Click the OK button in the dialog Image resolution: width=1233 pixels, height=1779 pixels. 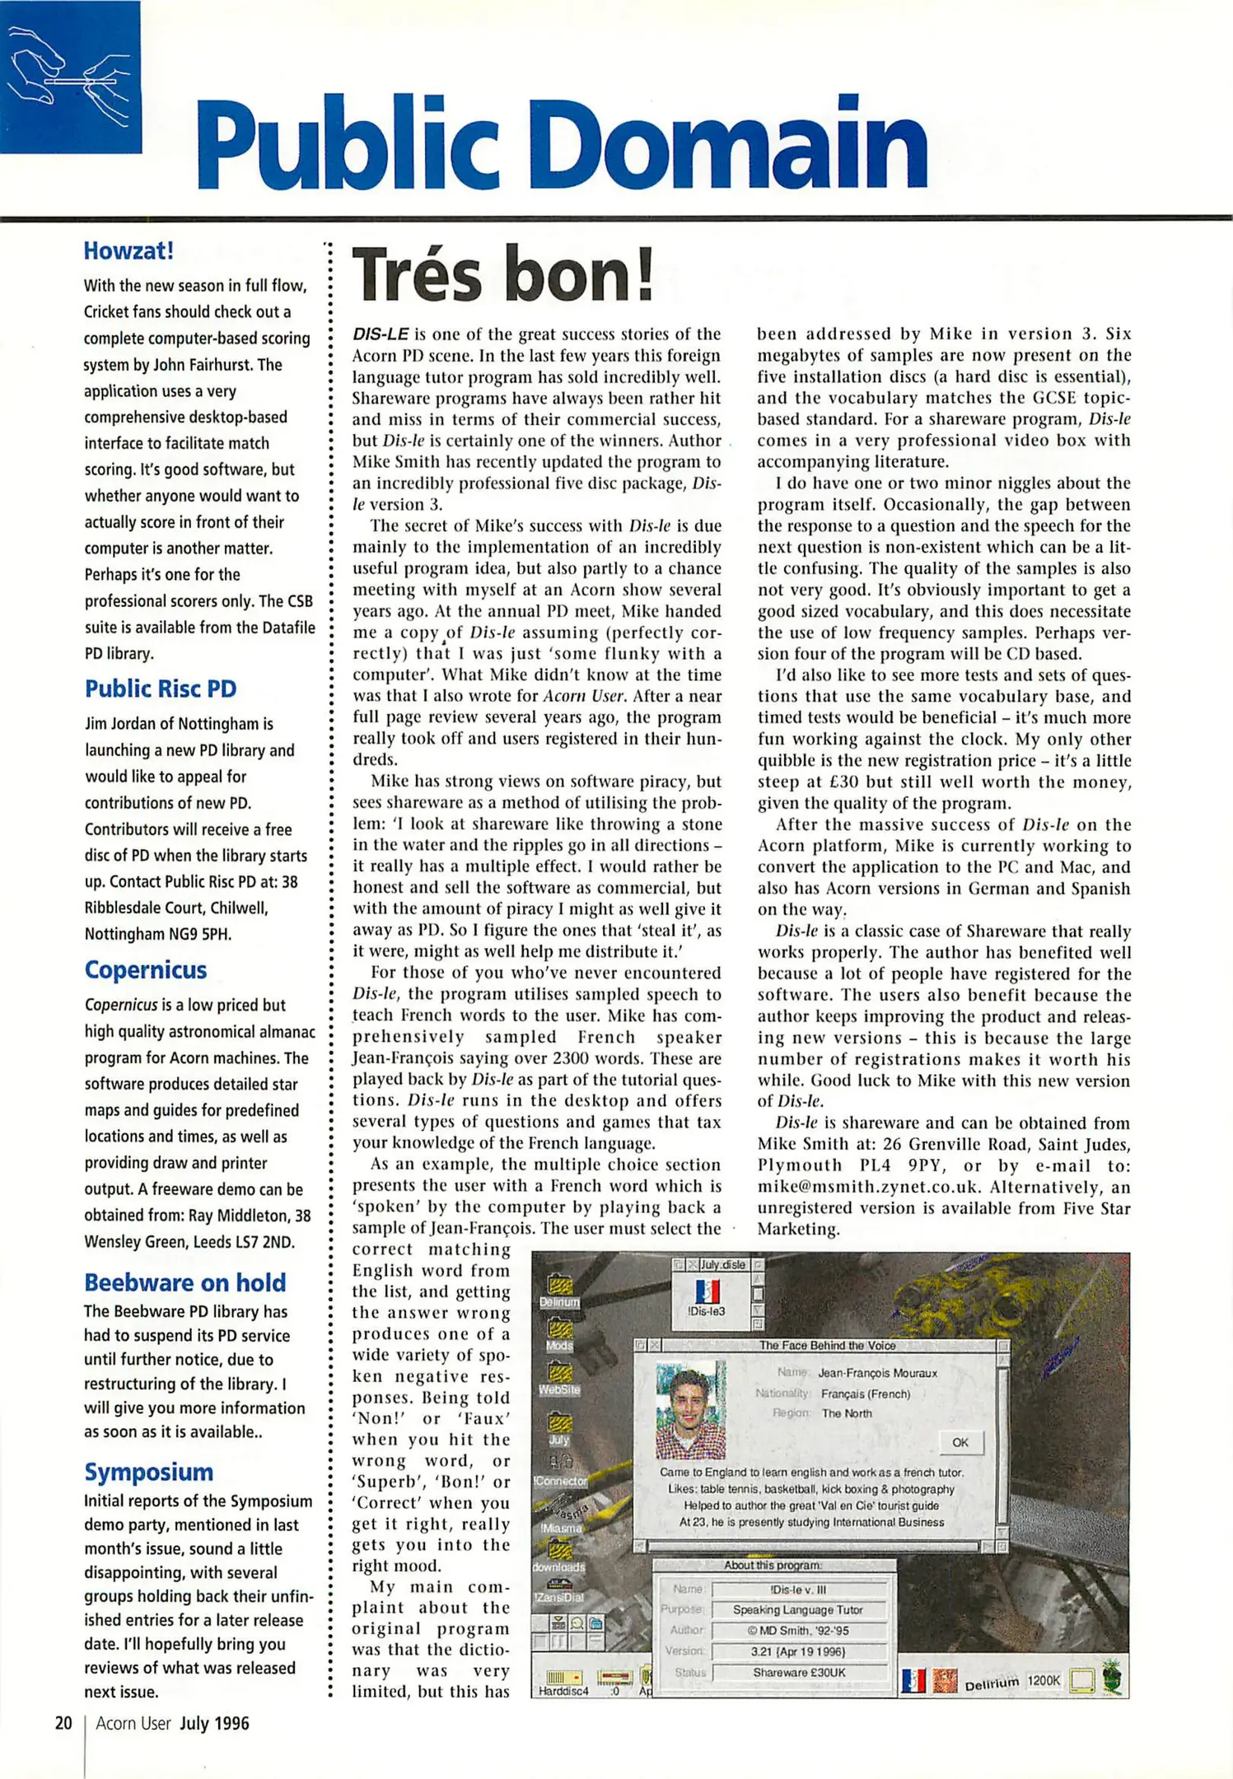[960, 1442]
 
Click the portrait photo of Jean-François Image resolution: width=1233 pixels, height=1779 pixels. [690, 1410]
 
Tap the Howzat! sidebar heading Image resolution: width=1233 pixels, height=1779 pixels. [128, 250]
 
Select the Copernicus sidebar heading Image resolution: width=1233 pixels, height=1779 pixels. [146, 969]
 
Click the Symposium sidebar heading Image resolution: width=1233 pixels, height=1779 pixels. [149, 1471]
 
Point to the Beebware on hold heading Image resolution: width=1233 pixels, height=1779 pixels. [185, 1282]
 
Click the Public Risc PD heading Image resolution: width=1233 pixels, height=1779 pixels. [161, 689]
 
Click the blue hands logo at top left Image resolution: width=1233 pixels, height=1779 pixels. [70, 77]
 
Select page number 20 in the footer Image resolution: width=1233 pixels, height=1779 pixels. [63, 1723]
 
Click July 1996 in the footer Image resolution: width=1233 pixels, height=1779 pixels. [214, 1723]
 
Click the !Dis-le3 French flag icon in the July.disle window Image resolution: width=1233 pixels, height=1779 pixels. [707, 1291]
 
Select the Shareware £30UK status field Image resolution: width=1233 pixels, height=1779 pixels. [799, 1673]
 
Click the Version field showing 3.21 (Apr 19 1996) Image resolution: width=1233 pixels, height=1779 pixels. [799, 1651]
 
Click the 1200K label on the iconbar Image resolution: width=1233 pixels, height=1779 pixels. [1043, 1680]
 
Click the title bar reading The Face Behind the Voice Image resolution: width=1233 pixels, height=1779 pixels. [827, 1345]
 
